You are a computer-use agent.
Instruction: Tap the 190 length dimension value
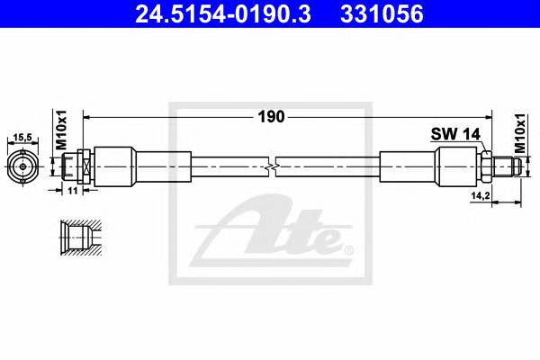click(272, 116)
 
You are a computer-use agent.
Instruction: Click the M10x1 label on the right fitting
click(521, 131)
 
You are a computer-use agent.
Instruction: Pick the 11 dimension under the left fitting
click(73, 191)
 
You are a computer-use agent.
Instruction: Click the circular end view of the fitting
click(22, 166)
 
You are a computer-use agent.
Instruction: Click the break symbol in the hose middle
click(272, 166)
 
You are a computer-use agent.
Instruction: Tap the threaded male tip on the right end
click(506, 166)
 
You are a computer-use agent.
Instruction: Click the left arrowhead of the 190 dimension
click(87, 116)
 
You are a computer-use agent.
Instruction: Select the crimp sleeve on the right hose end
click(409, 166)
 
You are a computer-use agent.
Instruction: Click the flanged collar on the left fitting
click(82, 166)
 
